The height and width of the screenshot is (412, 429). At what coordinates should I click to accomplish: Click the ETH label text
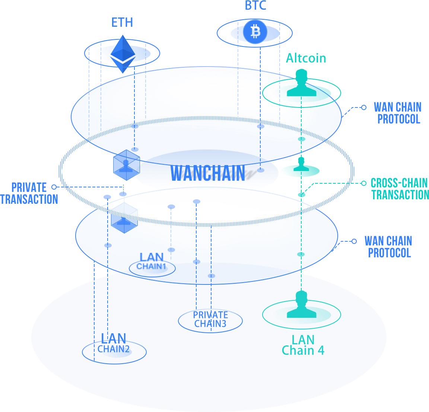(122, 22)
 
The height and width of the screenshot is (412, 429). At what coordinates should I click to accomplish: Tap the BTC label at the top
(255, 6)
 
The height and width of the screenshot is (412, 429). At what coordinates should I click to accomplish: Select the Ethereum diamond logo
(123, 54)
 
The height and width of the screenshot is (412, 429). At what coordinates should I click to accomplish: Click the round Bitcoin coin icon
(255, 32)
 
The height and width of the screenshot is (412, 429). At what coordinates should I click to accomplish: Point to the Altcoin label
(306, 58)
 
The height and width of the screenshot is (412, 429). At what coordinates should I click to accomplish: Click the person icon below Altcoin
(301, 84)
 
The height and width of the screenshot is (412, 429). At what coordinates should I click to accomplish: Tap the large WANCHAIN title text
(208, 173)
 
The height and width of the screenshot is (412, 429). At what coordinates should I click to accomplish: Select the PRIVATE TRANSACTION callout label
(29, 193)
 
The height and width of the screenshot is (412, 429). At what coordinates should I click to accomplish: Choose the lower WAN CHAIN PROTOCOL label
(388, 247)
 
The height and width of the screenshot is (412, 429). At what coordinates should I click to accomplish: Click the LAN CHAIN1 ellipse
(152, 268)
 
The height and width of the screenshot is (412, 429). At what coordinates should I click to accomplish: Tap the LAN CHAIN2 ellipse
(114, 351)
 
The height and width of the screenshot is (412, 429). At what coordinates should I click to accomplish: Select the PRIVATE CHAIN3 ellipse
(210, 320)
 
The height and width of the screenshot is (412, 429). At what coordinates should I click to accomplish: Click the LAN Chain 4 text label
(303, 345)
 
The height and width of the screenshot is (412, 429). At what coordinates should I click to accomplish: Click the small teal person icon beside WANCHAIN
(301, 164)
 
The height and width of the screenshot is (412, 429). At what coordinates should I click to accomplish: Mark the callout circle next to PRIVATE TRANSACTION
(54, 187)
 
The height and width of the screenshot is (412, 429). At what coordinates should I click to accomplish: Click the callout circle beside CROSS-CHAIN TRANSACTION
(364, 183)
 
